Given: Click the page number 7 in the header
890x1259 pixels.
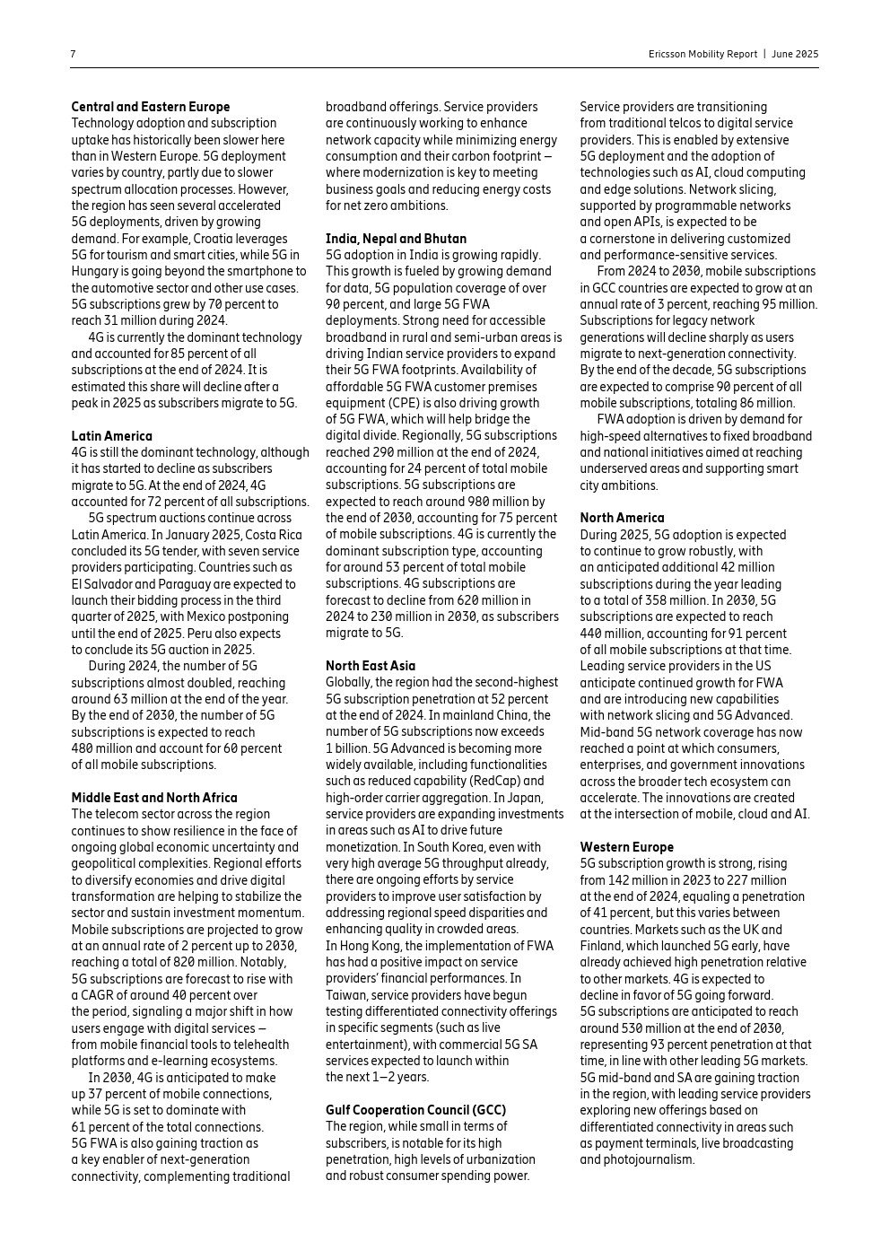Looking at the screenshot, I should [74, 54].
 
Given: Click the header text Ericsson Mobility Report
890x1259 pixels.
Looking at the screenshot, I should [702, 54].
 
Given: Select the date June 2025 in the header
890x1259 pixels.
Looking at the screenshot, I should [795, 54].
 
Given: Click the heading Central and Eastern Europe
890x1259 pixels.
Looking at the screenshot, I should [151, 107].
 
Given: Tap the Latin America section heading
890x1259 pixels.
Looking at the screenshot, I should [112, 436].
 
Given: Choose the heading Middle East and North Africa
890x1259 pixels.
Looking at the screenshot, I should [154, 798].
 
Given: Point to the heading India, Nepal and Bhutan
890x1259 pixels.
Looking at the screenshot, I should [396, 239].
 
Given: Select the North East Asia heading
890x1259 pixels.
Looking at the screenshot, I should [371, 666].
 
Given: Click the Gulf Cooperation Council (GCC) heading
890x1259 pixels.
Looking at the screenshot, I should [415, 1110].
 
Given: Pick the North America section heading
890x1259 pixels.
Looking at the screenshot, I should [622, 518].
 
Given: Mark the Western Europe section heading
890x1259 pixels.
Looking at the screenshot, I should [626, 847].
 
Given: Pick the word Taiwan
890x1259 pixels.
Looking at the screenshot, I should [345, 995].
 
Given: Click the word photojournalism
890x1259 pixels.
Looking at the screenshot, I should [637, 1159].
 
